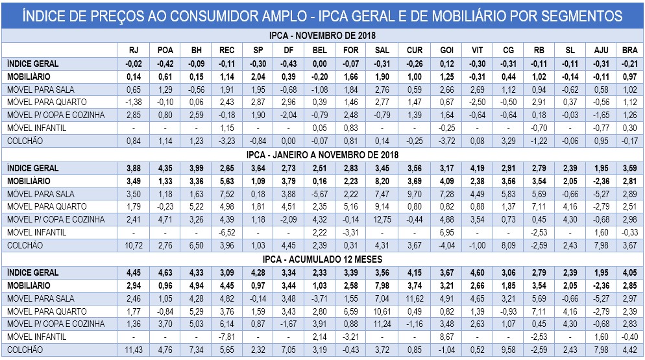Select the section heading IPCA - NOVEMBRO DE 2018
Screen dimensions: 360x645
(322, 35)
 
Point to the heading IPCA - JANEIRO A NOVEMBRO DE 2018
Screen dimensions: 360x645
(322, 154)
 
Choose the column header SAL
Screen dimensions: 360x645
(382, 49)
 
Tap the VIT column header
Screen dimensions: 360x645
(478, 49)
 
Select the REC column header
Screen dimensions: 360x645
(227, 49)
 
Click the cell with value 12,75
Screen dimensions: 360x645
(382, 219)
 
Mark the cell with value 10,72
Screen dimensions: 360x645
(132, 245)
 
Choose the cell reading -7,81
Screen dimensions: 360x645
(227, 337)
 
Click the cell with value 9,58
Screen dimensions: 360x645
(508, 350)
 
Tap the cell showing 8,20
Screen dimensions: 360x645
(382, 180)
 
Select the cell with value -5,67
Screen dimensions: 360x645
(319, 193)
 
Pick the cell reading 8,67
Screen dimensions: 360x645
(446, 337)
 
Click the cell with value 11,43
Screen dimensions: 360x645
(132, 350)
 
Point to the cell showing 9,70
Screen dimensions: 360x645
(415, 193)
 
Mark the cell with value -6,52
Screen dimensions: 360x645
(227, 232)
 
